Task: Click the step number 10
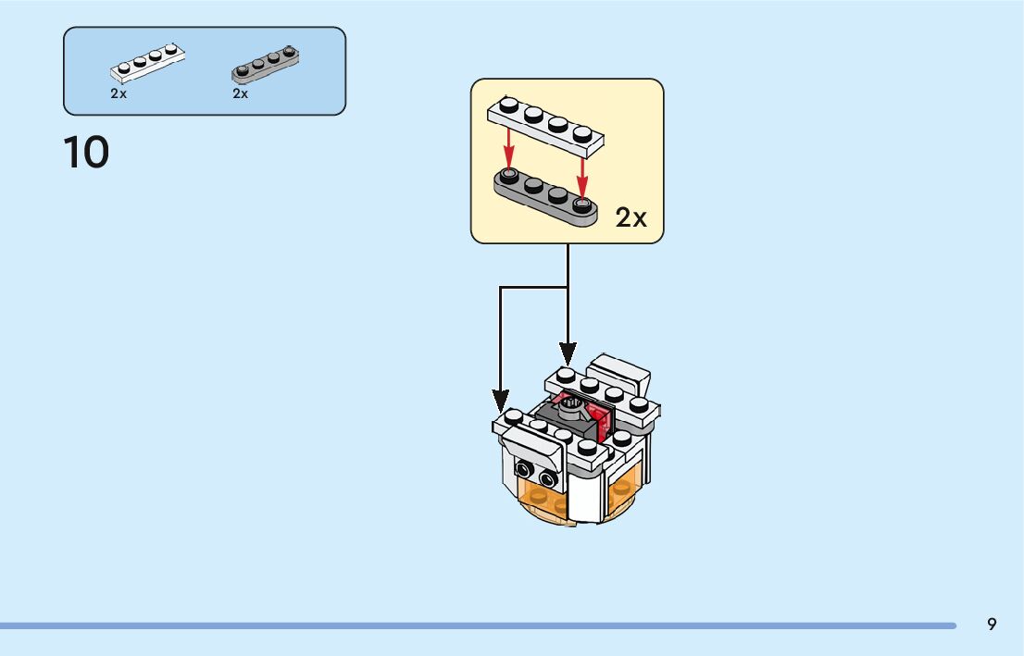point(86,153)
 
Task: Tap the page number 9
point(992,625)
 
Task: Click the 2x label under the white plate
point(119,93)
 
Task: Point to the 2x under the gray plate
point(241,93)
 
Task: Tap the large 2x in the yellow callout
point(631,217)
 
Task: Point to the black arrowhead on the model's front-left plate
point(501,402)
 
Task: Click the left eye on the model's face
point(524,469)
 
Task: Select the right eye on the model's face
point(548,479)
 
